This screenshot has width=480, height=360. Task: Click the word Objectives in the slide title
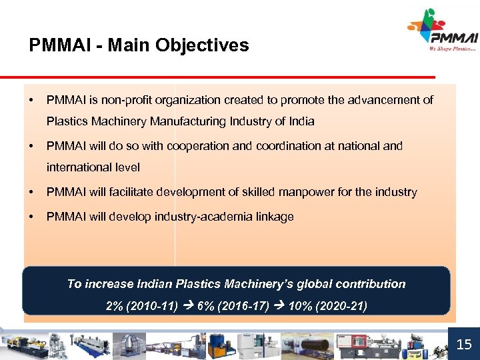[x=203, y=45]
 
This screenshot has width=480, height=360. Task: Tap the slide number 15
[x=463, y=344]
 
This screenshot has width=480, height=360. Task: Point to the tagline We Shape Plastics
[x=453, y=49]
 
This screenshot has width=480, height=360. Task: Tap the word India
[x=300, y=121]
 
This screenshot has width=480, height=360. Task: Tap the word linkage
[x=273, y=217]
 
